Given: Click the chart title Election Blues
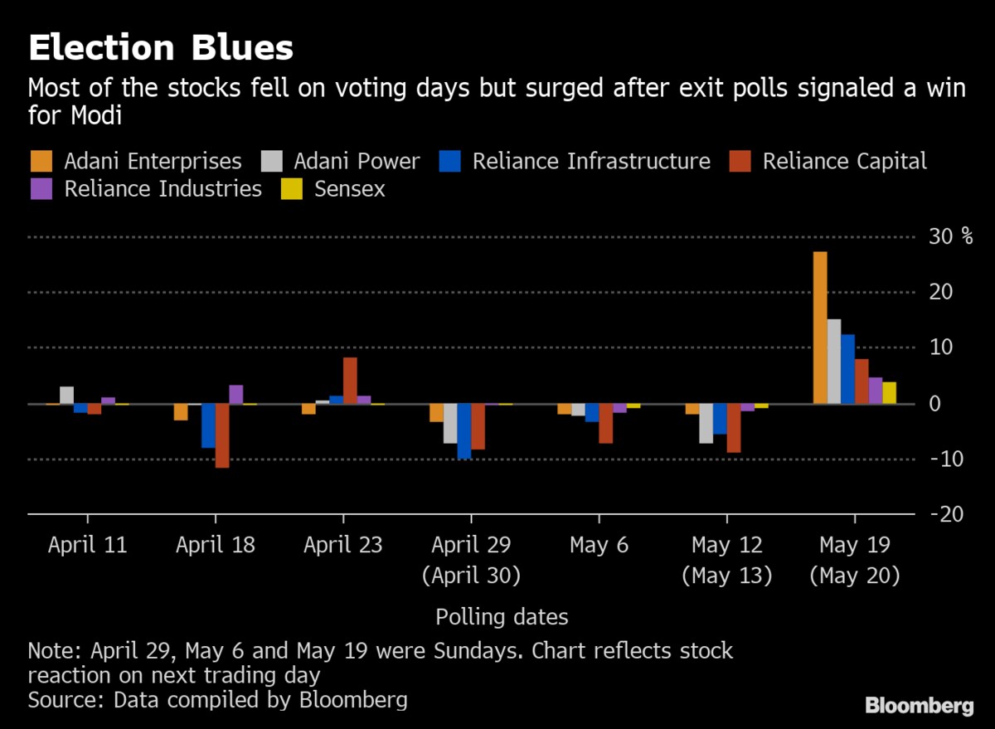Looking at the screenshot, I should [161, 48].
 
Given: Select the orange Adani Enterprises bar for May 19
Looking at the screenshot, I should [820, 328].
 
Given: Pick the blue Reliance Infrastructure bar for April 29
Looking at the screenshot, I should [464, 430].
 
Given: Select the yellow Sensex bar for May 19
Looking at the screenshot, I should [889, 393].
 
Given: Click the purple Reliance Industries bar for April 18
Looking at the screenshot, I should [236, 395].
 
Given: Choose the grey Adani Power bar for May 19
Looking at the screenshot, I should [834, 362].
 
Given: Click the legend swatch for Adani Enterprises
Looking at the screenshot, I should [41, 161].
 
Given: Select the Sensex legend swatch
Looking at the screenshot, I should [292, 189].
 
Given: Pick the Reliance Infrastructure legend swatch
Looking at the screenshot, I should [449, 161].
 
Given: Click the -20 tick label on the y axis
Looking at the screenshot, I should [946, 514].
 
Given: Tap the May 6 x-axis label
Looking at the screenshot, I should [599, 545].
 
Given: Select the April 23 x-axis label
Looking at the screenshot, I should [343, 545].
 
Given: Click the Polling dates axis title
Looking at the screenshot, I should [502, 617].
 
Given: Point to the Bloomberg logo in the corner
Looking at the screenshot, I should [919, 706].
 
